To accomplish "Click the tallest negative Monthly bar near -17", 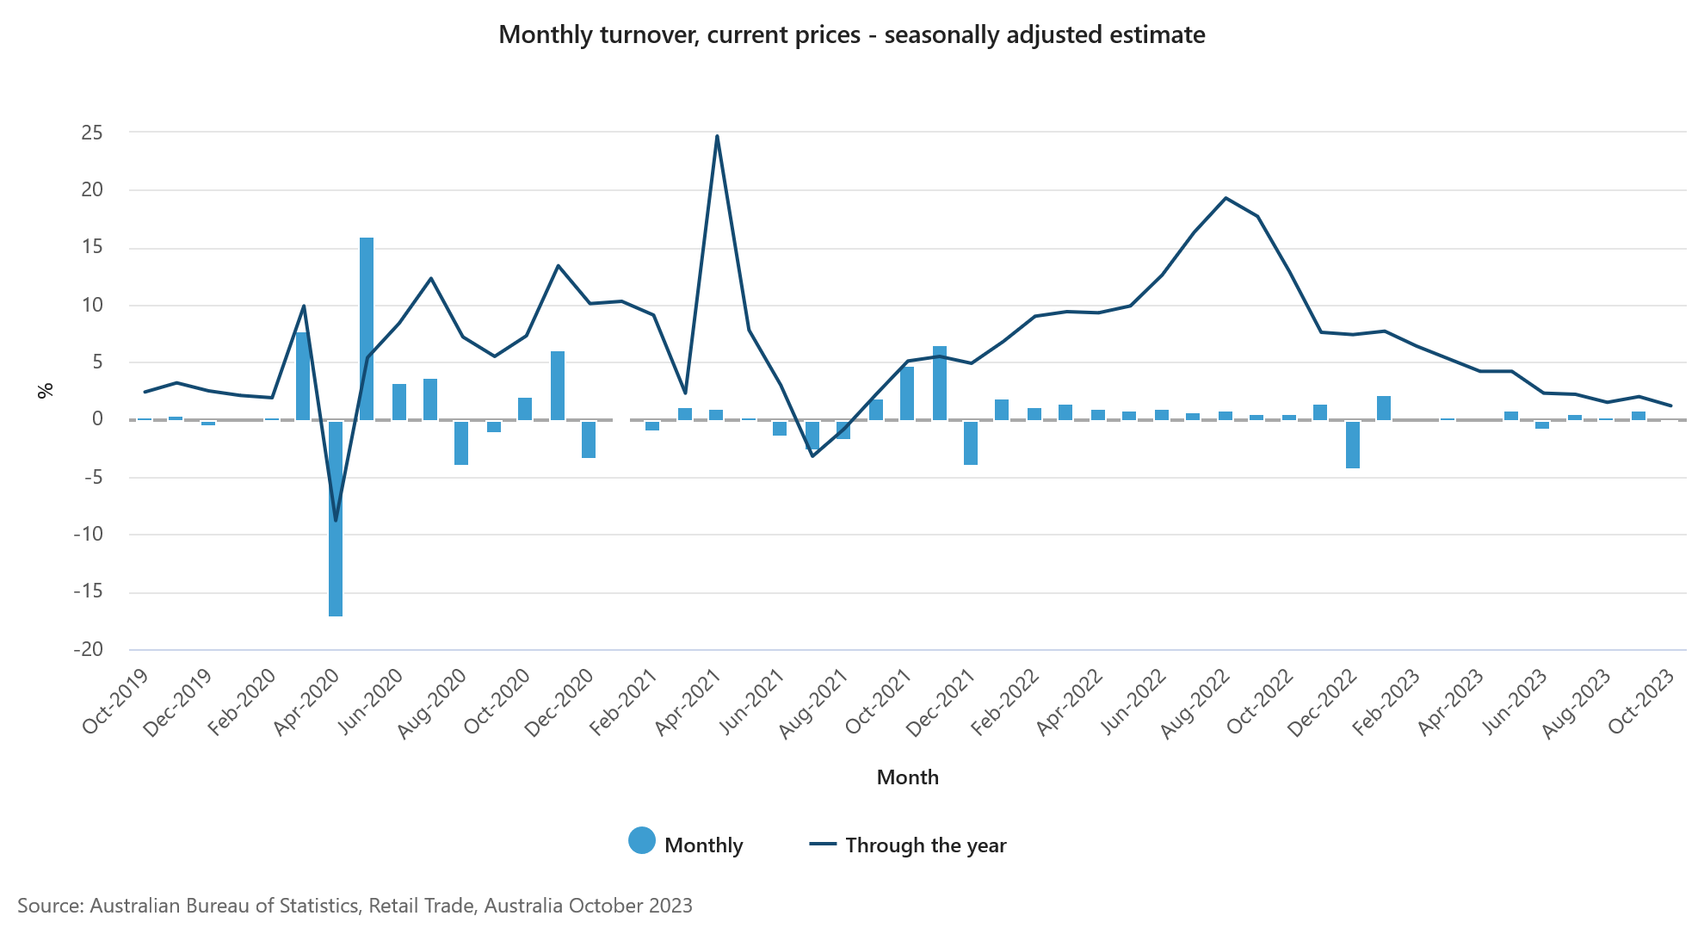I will [336, 518].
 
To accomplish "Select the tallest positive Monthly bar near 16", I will [367, 329].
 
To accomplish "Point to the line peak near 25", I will [717, 136].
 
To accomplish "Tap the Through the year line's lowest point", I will [336, 520].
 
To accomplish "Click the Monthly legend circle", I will [642, 841].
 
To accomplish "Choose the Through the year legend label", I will [925, 845].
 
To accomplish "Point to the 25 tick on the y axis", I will [92, 133].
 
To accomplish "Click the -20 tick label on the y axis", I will [88, 650].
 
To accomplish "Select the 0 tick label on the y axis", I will [97, 419].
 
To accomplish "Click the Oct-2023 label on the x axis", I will [1642, 702].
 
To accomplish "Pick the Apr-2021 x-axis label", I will [688, 703].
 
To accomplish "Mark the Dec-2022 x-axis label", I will [1323, 703].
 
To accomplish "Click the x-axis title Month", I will [907, 777].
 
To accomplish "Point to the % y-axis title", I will [46, 391].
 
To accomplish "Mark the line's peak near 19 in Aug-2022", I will [1226, 198].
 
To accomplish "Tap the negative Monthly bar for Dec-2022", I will [1353, 444].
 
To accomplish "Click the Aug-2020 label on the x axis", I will [432, 703].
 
